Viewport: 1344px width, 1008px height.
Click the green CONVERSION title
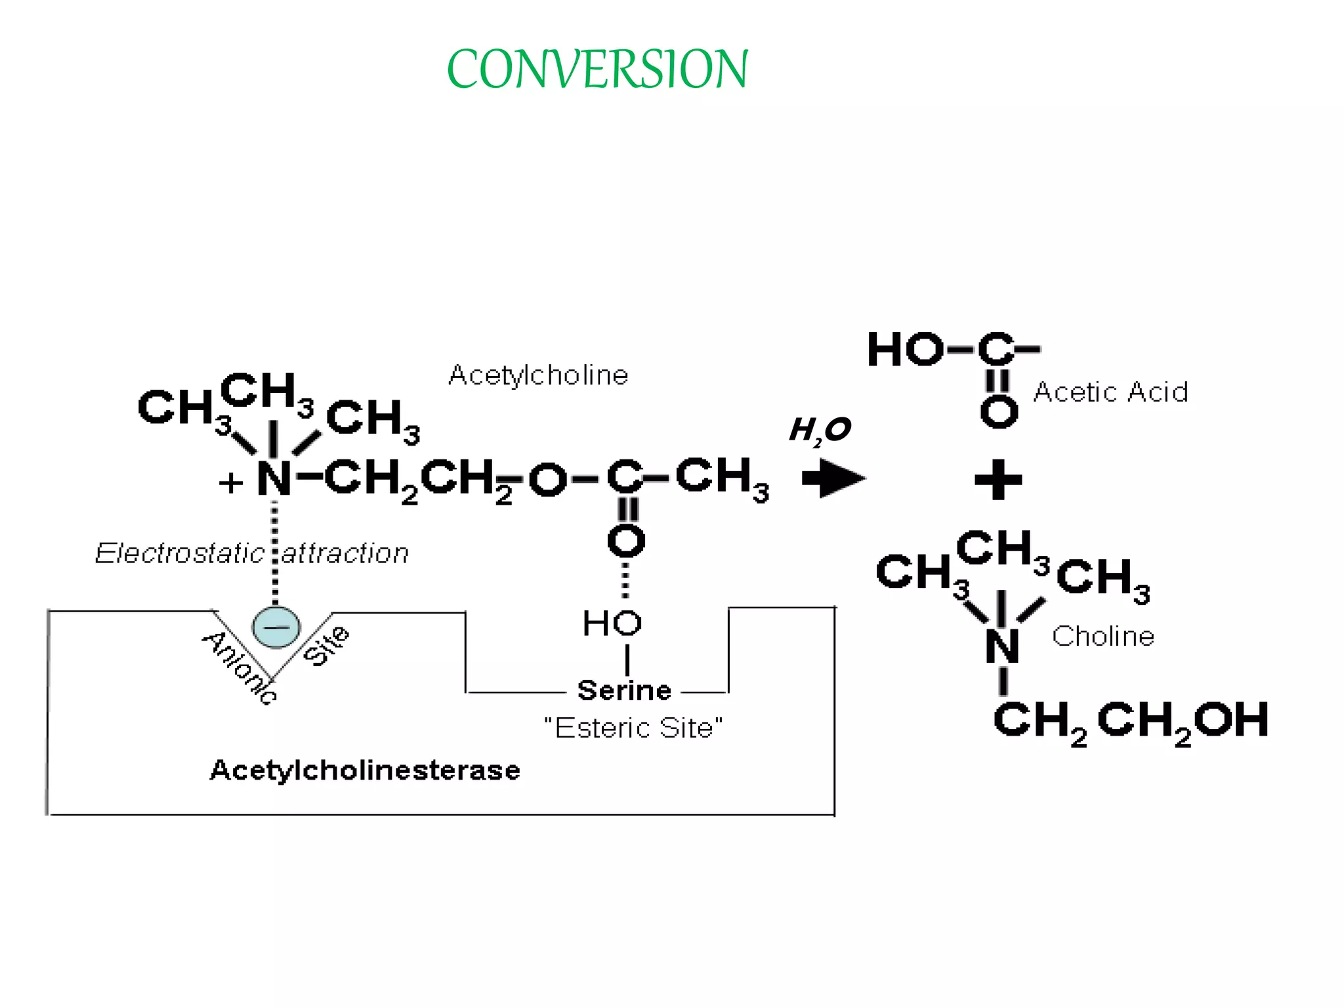pyautogui.click(x=597, y=69)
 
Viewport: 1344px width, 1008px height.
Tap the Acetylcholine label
pyautogui.click(x=538, y=375)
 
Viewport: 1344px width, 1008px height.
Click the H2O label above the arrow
pyautogui.click(x=820, y=430)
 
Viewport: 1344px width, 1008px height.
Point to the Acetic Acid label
pyautogui.click(x=1110, y=392)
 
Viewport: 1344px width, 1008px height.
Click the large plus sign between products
pyautogui.click(x=998, y=480)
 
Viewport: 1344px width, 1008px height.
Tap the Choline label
pyautogui.click(x=1102, y=636)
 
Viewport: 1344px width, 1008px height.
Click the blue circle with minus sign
pyautogui.click(x=276, y=627)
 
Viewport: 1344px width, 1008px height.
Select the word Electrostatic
pyautogui.click(x=179, y=553)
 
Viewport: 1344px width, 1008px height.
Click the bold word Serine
pyautogui.click(x=624, y=690)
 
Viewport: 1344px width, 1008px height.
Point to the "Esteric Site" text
pyautogui.click(x=633, y=728)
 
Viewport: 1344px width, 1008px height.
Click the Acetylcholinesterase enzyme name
pyautogui.click(x=365, y=770)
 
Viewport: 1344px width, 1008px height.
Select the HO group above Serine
pyautogui.click(x=612, y=623)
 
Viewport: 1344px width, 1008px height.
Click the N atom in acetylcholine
pyautogui.click(x=274, y=479)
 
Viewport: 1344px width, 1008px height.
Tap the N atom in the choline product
pyautogui.click(x=1002, y=646)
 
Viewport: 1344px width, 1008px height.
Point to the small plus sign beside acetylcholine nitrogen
pyautogui.click(x=231, y=484)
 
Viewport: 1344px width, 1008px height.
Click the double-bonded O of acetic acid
pyautogui.click(x=998, y=412)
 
